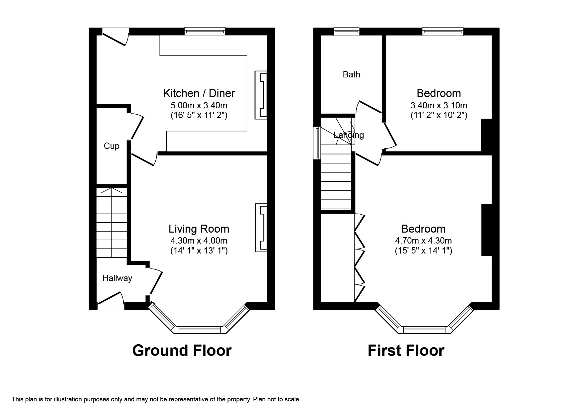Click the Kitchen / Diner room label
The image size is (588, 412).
(199, 93)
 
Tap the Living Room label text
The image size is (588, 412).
(199, 229)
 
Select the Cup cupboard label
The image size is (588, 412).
(112, 146)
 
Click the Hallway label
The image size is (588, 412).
(117, 278)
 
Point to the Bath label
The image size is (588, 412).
(351, 74)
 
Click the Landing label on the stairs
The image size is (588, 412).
(349, 135)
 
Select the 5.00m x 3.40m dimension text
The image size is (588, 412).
(199, 106)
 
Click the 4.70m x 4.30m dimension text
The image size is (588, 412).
(423, 241)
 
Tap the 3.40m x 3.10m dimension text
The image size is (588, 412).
(439, 106)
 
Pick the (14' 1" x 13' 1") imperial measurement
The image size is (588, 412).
(199, 251)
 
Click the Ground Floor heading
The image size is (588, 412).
(182, 351)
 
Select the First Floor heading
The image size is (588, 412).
(406, 351)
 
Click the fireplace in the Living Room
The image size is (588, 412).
(261, 228)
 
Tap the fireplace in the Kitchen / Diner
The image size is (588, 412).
(261, 95)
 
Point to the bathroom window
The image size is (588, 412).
(346, 32)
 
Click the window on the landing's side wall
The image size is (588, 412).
(317, 143)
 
